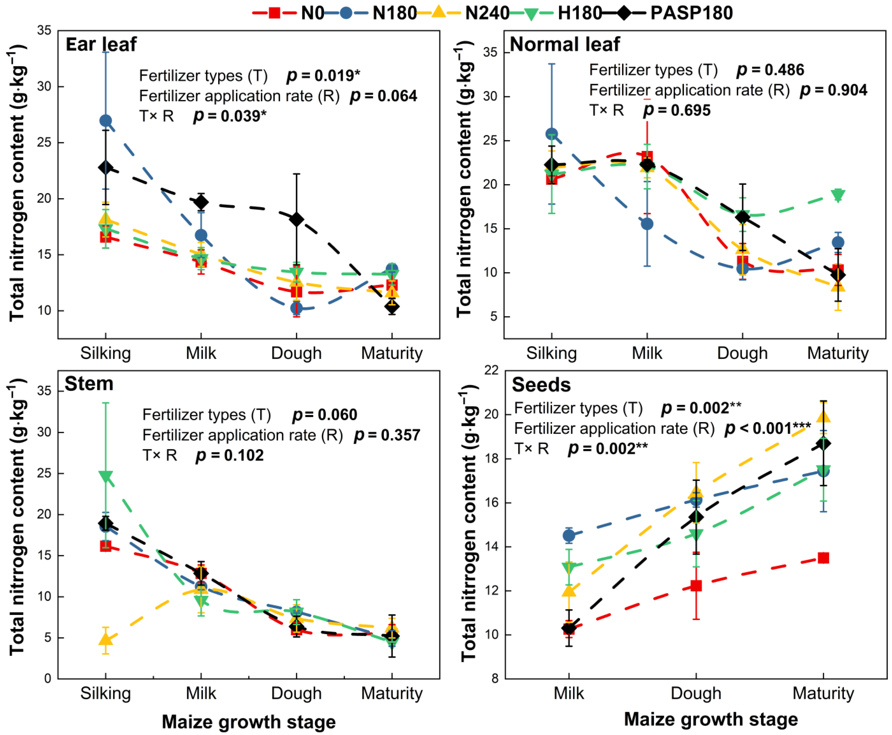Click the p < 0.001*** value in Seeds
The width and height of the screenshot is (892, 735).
(x=768, y=428)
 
